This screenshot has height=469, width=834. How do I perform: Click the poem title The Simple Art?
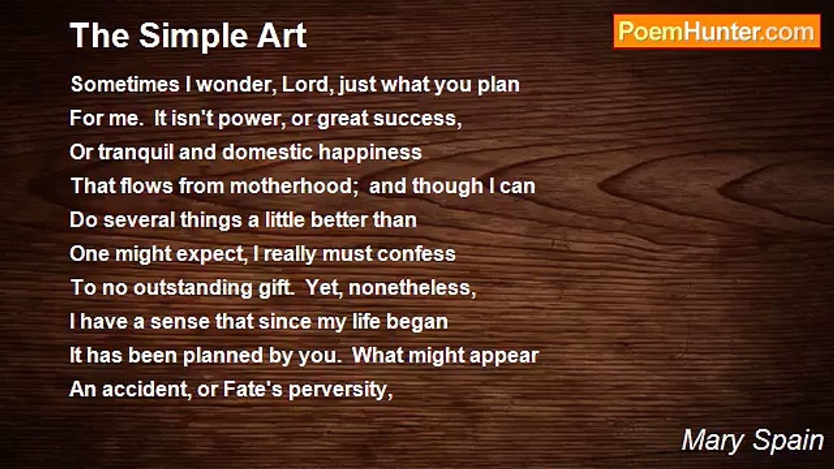tap(188, 35)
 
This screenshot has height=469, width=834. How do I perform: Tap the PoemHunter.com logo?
tap(717, 31)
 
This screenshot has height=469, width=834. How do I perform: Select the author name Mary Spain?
tap(753, 440)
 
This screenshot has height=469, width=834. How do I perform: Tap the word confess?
tap(416, 254)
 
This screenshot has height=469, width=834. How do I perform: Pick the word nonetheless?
tap(412, 288)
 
